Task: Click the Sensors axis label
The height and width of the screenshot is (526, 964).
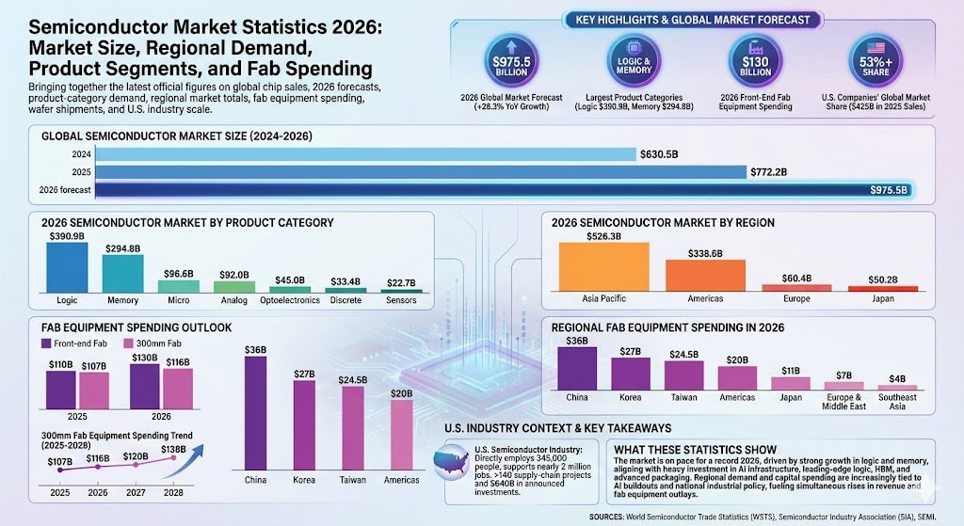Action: [x=402, y=300]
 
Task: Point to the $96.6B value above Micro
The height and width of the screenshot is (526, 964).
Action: [x=178, y=273]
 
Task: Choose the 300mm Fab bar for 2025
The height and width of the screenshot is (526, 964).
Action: [x=93, y=391]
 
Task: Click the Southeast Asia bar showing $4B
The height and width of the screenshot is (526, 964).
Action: [x=897, y=387]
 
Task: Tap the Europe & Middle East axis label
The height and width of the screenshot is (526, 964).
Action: [x=843, y=402]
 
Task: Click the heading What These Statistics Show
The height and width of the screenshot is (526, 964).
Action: [x=695, y=449]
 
